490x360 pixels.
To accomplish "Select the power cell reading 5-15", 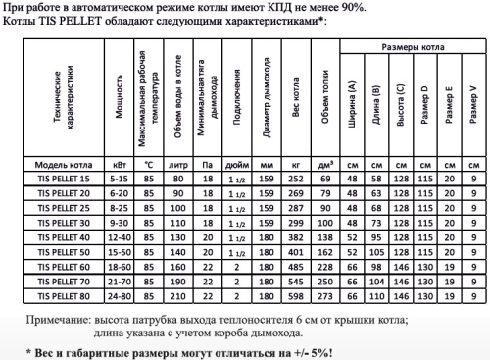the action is point(120,180).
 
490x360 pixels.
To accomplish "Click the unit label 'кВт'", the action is point(120,165).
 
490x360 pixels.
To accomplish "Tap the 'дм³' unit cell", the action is point(328,165).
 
